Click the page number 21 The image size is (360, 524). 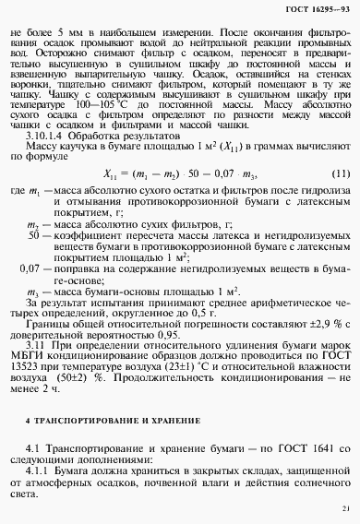344,506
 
